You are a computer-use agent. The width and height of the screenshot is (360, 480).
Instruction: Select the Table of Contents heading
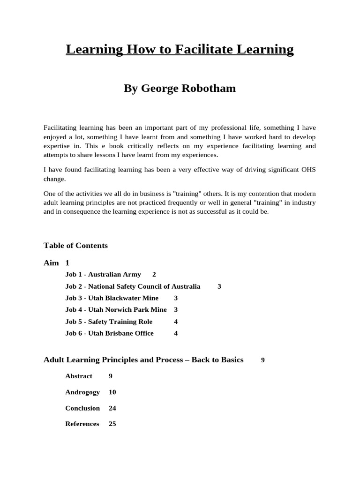(x=75, y=246)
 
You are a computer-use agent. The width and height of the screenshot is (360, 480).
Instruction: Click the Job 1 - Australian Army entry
(x=103, y=274)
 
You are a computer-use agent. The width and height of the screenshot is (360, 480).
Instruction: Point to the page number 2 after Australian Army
(x=154, y=274)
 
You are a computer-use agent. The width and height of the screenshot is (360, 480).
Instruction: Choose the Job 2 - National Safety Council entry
(x=133, y=286)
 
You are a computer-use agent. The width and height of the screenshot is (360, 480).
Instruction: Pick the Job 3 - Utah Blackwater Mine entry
(x=112, y=298)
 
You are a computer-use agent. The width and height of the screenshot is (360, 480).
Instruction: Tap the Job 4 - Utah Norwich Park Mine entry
(x=116, y=309)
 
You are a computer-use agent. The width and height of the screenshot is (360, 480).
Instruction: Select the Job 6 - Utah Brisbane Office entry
(x=109, y=333)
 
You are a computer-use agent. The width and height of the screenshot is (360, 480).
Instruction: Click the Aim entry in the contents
(x=51, y=263)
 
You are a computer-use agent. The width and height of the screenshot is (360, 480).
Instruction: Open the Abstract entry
(x=79, y=376)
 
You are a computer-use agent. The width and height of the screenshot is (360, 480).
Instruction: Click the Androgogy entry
(x=82, y=392)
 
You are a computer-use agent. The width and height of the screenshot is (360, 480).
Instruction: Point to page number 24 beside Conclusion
(x=112, y=408)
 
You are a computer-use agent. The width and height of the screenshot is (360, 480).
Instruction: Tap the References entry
(x=82, y=424)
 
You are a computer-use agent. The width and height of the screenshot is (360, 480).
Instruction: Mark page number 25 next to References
(x=112, y=424)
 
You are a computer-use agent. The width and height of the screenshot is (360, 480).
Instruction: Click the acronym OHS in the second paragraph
(x=307, y=169)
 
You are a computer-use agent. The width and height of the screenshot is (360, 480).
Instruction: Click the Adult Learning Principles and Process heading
(x=143, y=360)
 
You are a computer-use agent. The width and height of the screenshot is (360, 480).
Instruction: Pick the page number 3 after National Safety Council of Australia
(x=219, y=286)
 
